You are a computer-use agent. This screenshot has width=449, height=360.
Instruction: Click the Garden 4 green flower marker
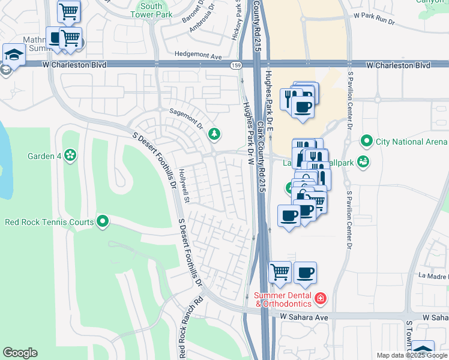coord(71,156)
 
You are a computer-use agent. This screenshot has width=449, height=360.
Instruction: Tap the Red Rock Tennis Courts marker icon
coord(103,222)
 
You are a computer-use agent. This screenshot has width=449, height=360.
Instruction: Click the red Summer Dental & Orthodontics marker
coord(321,298)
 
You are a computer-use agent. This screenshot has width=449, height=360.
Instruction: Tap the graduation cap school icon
coord(12,54)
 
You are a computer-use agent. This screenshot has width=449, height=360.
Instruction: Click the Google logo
coord(20,353)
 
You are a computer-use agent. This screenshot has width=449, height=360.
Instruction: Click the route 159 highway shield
coord(236,65)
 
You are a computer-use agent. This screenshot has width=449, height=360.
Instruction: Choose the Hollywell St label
coord(184,185)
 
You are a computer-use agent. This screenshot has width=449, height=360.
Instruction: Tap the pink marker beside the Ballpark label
coord(362,161)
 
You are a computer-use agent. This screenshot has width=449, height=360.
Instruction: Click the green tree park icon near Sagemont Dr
coord(214,134)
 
